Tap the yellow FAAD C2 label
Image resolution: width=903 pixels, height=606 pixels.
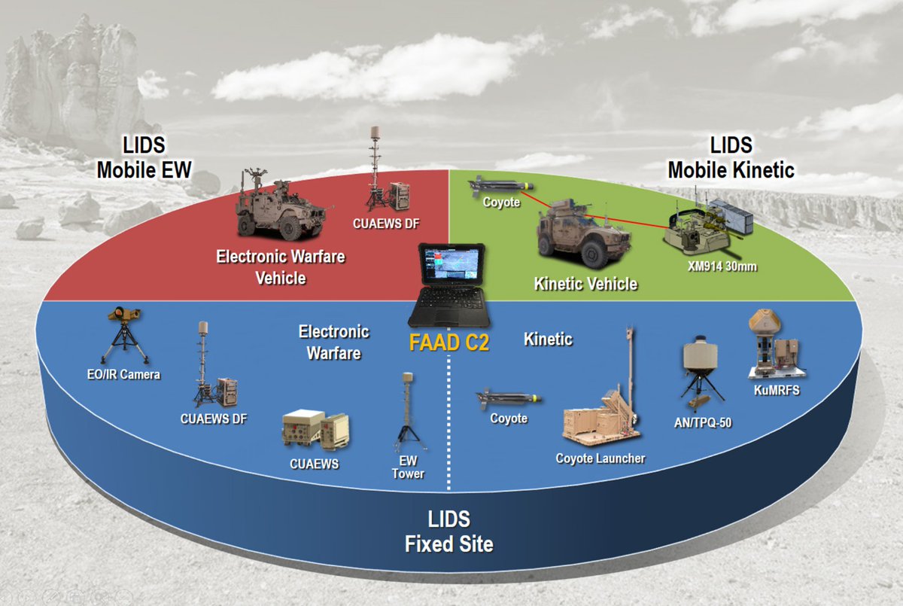click(x=449, y=343)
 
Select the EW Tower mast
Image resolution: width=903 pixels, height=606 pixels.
click(x=409, y=414)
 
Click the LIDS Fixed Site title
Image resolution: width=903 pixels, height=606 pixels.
click(x=449, y=531)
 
